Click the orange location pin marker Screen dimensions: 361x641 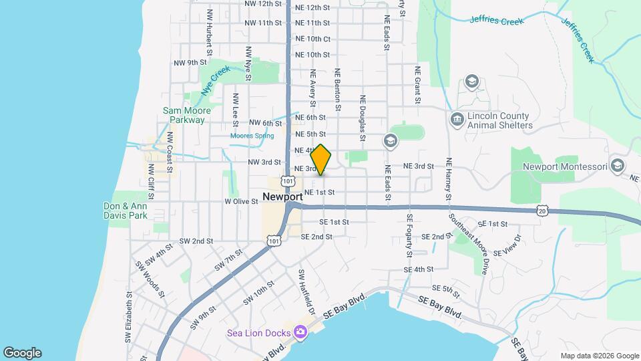point(321,160)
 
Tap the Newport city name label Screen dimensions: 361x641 point(283,197)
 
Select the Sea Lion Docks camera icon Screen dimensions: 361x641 point(300,332)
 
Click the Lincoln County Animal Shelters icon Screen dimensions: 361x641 point(457,120)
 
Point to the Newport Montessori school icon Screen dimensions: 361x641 point(618,166)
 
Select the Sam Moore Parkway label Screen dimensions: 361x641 point(187,116)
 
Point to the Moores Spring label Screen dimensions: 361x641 point(252,136)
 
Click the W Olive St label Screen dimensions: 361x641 point(241,201)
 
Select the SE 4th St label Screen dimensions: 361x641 point(419,269)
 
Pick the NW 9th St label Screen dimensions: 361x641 point(190,63)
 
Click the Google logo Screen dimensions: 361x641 point(22,353)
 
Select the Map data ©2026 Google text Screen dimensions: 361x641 point(600,356)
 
